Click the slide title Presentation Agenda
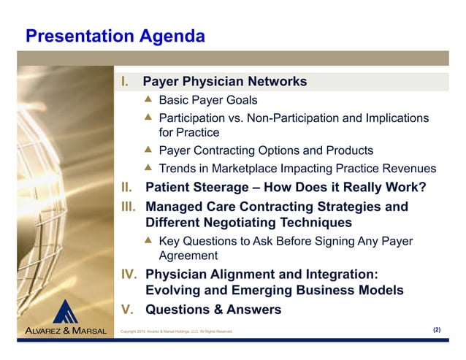click(115, 36)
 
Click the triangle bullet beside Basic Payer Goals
click(148, 99)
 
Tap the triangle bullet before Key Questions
click(148, 240)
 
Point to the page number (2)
click(437, 330)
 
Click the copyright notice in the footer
click(177, 332)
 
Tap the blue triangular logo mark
click(67, 312)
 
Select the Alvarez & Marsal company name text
click(66, 331)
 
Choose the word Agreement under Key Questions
click(188, 256)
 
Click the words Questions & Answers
click(213, 310)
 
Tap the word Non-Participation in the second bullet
click(274, 118)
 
